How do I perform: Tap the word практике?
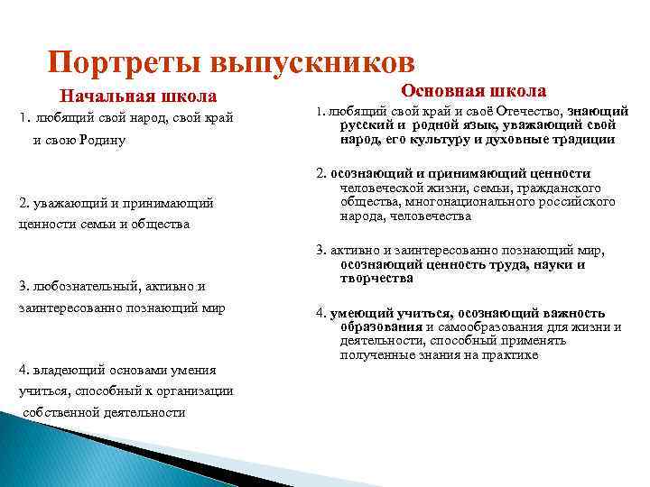click(x=514, y=355)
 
